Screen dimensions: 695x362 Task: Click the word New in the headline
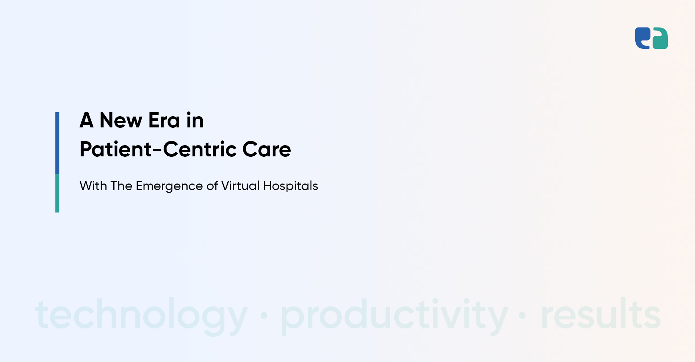pos(121,121)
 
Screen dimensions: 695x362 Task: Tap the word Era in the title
pos(164,121)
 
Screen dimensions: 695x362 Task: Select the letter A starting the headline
pos(87,120)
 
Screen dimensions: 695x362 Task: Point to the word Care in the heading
pos(266,150)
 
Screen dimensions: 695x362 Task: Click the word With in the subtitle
pos(93,186)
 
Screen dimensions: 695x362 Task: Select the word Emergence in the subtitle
pos(169,186)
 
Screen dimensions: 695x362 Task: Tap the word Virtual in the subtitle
pos(240,186)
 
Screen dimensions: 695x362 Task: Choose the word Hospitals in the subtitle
pos(291,186)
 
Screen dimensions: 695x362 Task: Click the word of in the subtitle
pos(212,186)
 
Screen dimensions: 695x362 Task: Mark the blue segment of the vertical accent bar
pos(57,143)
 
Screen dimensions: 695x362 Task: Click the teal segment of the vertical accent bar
pos(57,193)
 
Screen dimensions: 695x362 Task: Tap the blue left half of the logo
pos(643,38)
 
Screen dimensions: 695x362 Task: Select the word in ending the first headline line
pos(195,120)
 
